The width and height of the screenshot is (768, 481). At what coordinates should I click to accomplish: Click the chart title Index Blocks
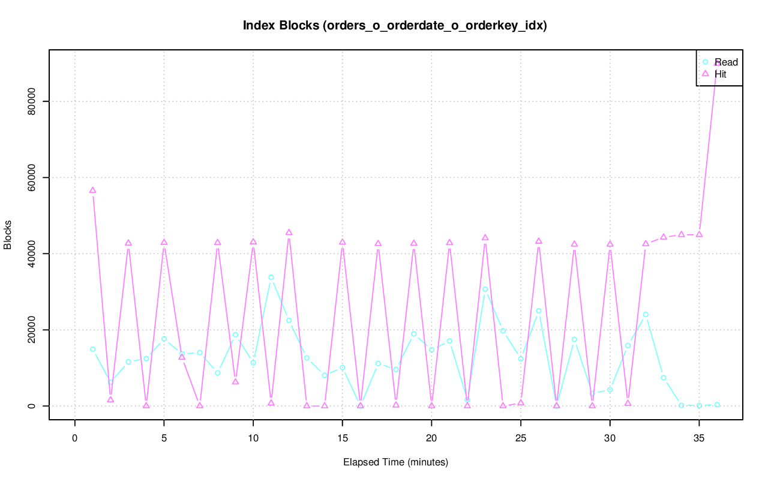click(x=395, y=25)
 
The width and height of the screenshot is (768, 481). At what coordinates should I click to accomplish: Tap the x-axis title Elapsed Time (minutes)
click(x=395, y=462)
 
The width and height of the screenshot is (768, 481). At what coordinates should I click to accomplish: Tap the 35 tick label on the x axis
click(x=699, y=438)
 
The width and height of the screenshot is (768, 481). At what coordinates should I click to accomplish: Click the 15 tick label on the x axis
click(x=342, y=438)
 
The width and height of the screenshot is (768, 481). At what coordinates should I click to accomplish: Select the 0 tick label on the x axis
click(x=75, y=438)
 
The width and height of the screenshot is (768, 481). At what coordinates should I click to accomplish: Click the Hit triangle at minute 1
click(x=92, y=190)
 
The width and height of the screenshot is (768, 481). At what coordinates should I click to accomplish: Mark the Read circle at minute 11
click(x=271, y=277)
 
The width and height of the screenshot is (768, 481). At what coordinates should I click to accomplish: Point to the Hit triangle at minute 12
click(x=289, y=232)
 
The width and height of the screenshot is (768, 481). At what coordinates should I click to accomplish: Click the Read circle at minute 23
click(x=485, y=289)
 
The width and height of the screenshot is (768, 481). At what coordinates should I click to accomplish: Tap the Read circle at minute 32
click(x=646, y=315)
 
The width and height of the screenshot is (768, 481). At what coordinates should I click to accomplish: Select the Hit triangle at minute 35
click(x=699, y=234)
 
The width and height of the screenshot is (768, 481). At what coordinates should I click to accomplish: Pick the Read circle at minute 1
click(x=92, y=349)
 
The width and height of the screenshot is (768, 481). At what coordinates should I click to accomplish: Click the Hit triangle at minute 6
click(x=182, y=357)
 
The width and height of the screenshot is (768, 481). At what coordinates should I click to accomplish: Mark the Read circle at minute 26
click(x=538, y=311)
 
